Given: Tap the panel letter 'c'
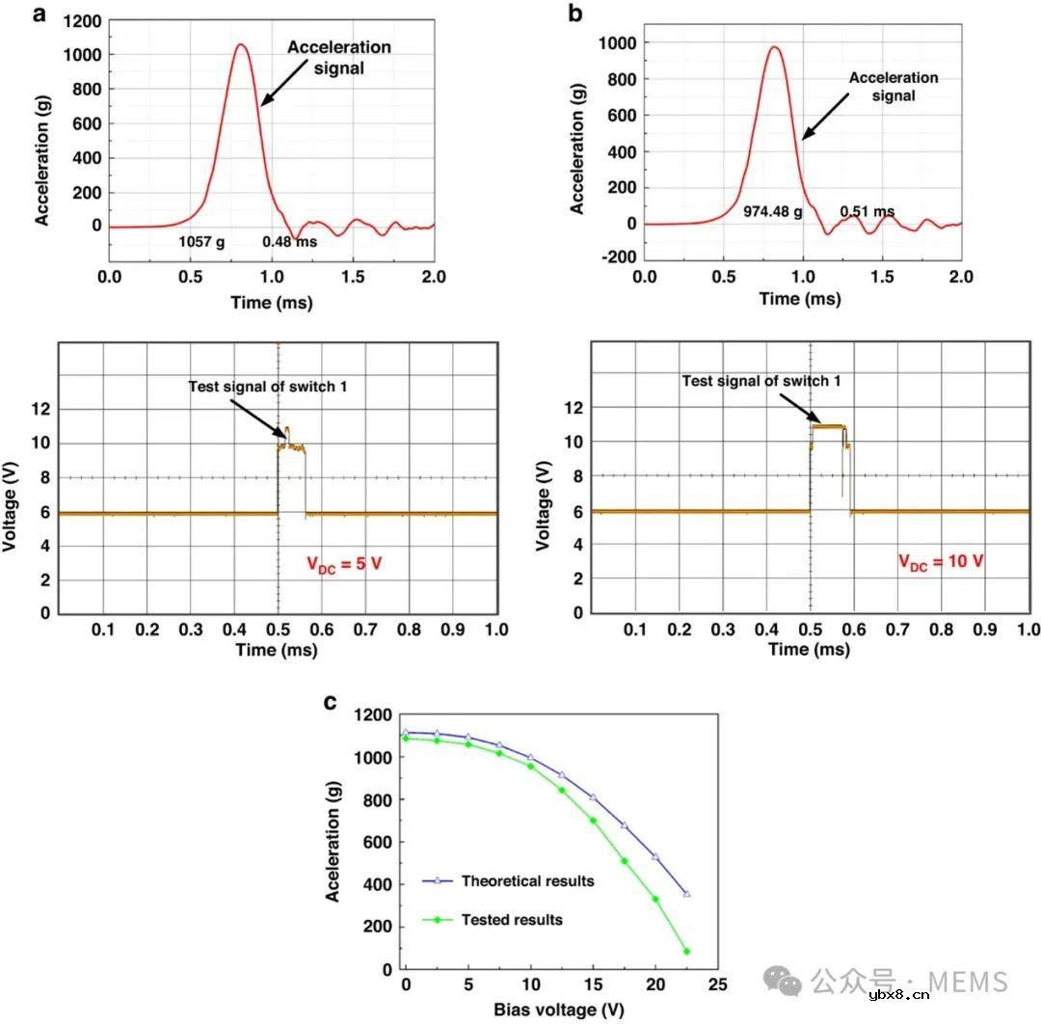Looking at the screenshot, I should tap(331, 701).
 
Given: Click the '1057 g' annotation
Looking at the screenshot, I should tap(201, 242).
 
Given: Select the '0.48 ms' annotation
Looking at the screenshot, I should tap(290, 242).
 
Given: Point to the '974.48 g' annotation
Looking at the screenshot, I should tap(772, 210).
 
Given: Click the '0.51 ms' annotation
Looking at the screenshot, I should tap(867, 210).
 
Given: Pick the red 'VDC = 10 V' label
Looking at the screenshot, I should tap(941, 560).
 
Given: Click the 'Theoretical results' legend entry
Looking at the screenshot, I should tap(526, 880).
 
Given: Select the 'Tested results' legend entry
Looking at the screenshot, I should tap(511, 920).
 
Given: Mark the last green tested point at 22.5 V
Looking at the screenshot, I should tap(687, 951).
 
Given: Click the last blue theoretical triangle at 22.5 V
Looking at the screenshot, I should tap(687, 894).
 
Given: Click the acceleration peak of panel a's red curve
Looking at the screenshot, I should tap(241, 43).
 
